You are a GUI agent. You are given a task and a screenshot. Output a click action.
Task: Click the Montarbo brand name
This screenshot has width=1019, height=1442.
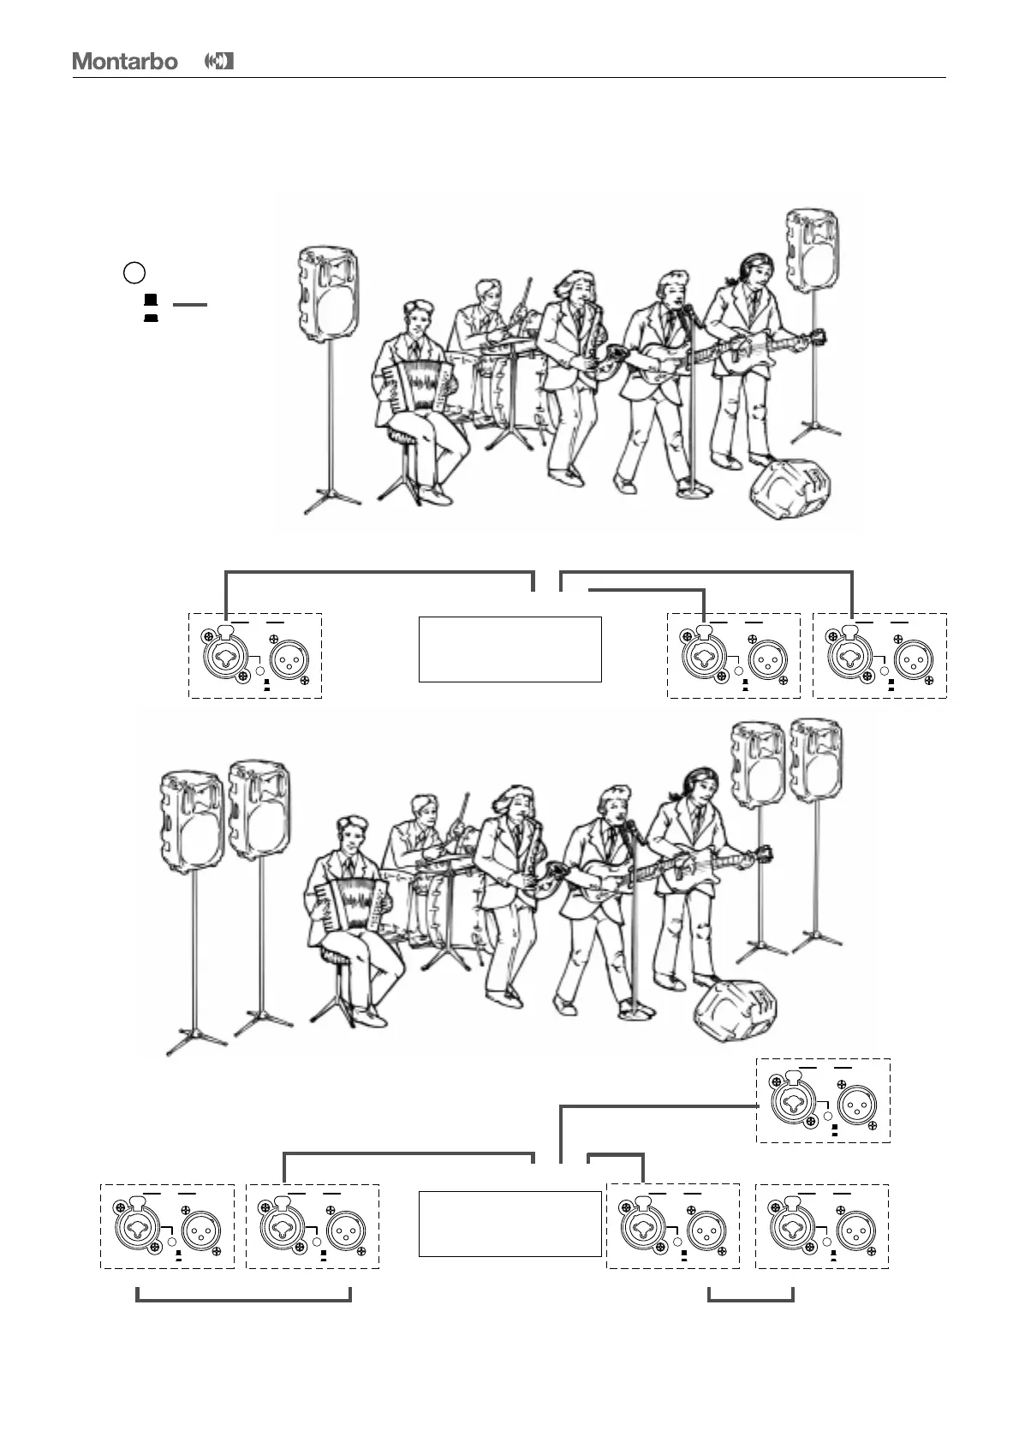(125, 62)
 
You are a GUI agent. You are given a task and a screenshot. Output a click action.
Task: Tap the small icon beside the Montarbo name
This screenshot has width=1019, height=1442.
(220, 62)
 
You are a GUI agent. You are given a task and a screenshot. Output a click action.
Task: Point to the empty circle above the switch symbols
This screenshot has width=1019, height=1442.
(134, 273)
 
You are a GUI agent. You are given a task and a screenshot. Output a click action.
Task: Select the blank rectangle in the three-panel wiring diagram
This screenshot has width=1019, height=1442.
(509, 648)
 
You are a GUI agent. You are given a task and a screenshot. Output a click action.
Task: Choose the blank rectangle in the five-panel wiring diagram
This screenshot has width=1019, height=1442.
(509, 1223)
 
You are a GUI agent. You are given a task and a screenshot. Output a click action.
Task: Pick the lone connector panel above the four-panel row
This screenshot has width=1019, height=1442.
(823, 1100)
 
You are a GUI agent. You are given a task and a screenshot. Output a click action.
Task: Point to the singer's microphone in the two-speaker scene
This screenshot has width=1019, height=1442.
(690, 316)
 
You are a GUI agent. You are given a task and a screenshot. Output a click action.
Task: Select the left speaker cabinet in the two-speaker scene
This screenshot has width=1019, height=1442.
(328, 293)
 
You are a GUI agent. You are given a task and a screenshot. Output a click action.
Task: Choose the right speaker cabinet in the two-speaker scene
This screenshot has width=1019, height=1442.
(813, 241)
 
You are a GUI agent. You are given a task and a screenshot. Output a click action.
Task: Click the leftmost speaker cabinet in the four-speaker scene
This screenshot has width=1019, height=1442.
(193, 820)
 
